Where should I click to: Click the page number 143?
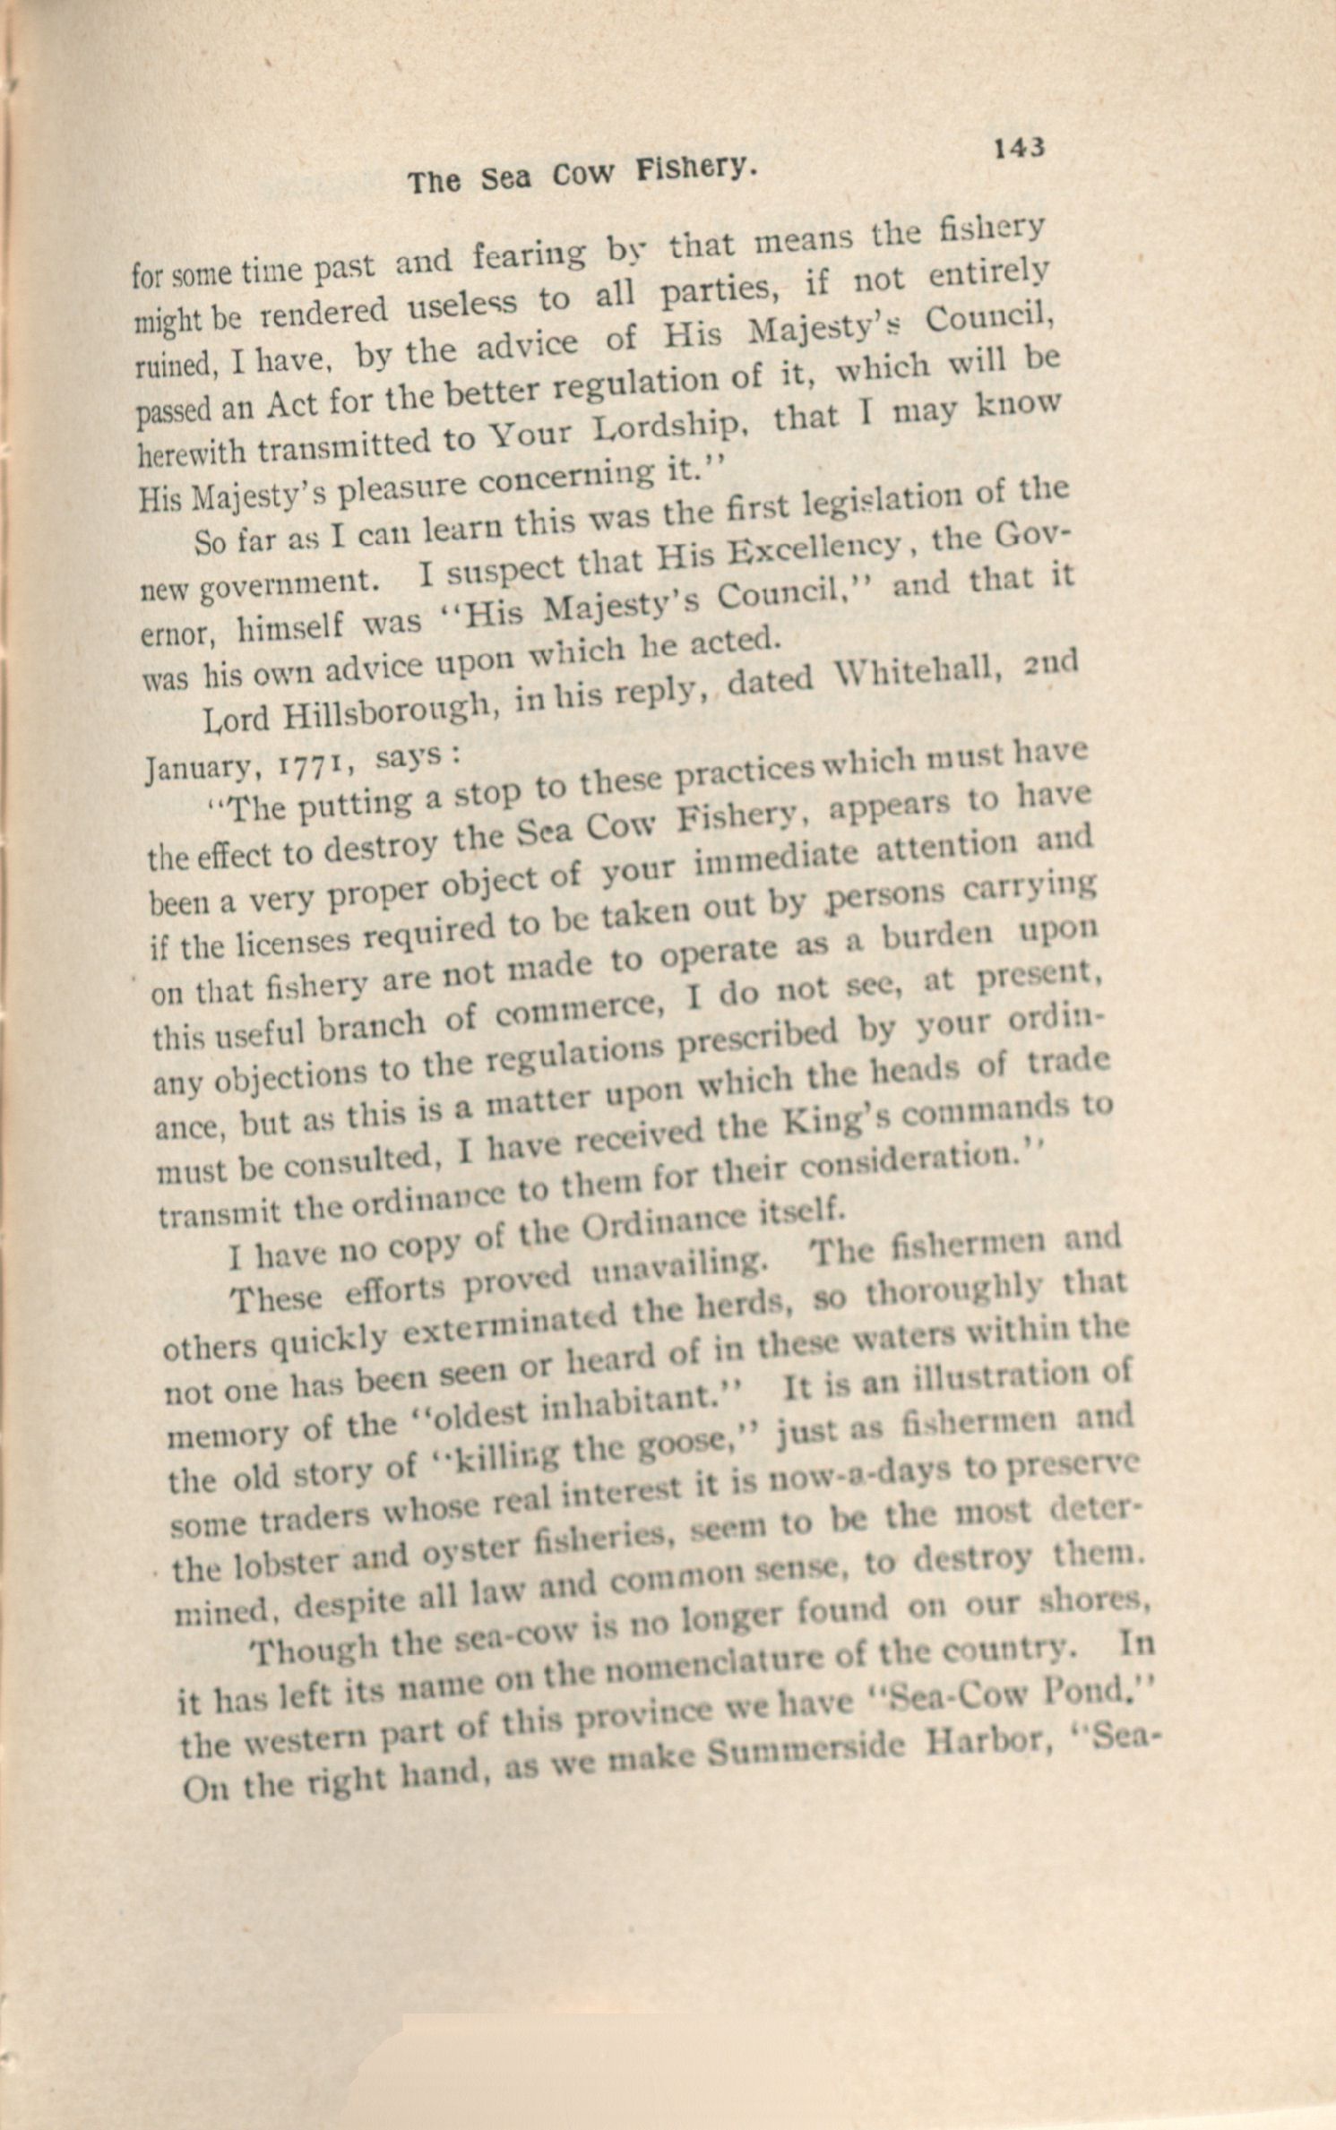pos(1019,147)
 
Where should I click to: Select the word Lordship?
pos(671,431)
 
